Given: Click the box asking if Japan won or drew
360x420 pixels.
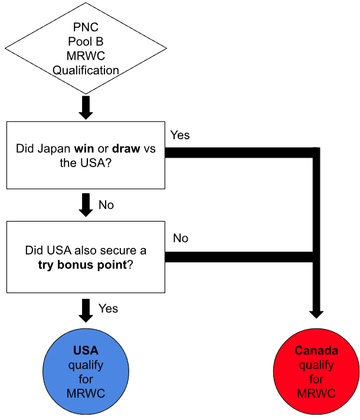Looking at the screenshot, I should (x=86, y=155).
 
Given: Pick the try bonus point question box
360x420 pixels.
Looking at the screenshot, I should (x=86, y=257).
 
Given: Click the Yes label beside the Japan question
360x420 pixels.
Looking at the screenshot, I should (x=180, y=135).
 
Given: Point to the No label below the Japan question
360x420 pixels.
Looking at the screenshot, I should (x=106, y=206).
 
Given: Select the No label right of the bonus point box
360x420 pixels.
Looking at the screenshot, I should (x=181, y=238).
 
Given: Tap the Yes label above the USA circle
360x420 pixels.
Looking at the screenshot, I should (x=108, y=308).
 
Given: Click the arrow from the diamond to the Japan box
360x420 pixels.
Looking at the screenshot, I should (x=86, y=107).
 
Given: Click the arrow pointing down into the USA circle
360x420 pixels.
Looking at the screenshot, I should (x=86, y=309).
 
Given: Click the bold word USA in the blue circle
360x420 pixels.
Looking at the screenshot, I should (x=86, y=351).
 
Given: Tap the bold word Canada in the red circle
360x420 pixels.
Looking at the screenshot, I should (x=316, y=351).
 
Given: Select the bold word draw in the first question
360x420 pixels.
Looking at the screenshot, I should (x=126, y=148).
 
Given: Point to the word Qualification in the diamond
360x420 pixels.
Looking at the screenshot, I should (x=86, y=70).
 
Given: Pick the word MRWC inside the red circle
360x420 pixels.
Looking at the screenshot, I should (x=316, y=393).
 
